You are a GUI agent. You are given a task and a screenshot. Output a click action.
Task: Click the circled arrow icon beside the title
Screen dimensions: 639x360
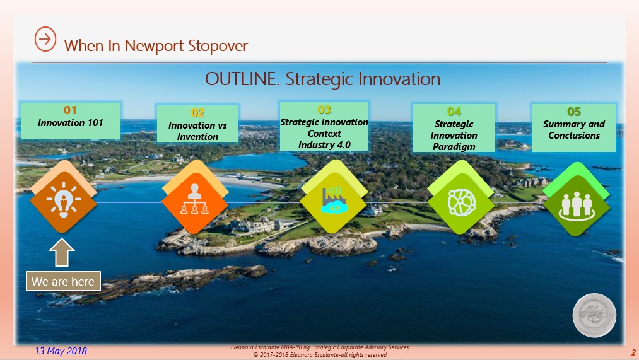coord(45,39)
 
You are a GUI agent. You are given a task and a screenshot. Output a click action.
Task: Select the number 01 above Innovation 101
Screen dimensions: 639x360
coord(70,110)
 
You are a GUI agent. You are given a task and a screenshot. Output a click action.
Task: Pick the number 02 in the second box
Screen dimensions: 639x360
coord(197,113)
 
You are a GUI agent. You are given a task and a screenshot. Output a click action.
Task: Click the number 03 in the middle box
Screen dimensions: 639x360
coord(324,110)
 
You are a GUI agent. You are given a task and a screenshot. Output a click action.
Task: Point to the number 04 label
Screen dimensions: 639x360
coord(454,112)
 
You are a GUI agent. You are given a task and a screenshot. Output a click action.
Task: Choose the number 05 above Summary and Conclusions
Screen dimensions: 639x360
coord(574,112)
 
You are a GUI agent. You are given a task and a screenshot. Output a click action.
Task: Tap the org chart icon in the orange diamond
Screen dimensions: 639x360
coord(194,199)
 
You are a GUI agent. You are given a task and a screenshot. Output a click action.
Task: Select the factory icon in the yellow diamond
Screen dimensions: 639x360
coord(334,200)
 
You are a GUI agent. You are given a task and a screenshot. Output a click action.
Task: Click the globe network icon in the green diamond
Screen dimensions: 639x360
coord(461,202)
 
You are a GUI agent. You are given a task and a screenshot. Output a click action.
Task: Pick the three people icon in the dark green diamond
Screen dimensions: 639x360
coord(577,206)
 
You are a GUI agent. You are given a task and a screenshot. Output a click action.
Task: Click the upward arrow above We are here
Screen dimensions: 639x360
coord(62,252)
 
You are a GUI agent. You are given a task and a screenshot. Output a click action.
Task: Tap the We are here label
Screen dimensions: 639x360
coord(63,281)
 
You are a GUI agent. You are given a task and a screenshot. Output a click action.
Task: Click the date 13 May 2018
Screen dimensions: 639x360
coord(61,351)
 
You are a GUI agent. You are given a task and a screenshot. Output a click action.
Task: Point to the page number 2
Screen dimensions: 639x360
coord(633,352)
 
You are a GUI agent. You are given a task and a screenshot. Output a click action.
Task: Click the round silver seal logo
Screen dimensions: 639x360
coord(594,315)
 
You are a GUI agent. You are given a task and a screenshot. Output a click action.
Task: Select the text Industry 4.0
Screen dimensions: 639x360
coord(324,145)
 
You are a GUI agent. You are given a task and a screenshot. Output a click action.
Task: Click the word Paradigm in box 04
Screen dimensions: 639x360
coord(454,147)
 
